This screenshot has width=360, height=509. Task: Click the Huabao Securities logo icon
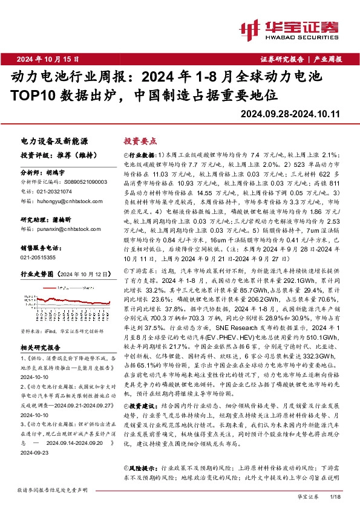249,28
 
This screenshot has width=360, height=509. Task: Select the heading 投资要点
140,140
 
